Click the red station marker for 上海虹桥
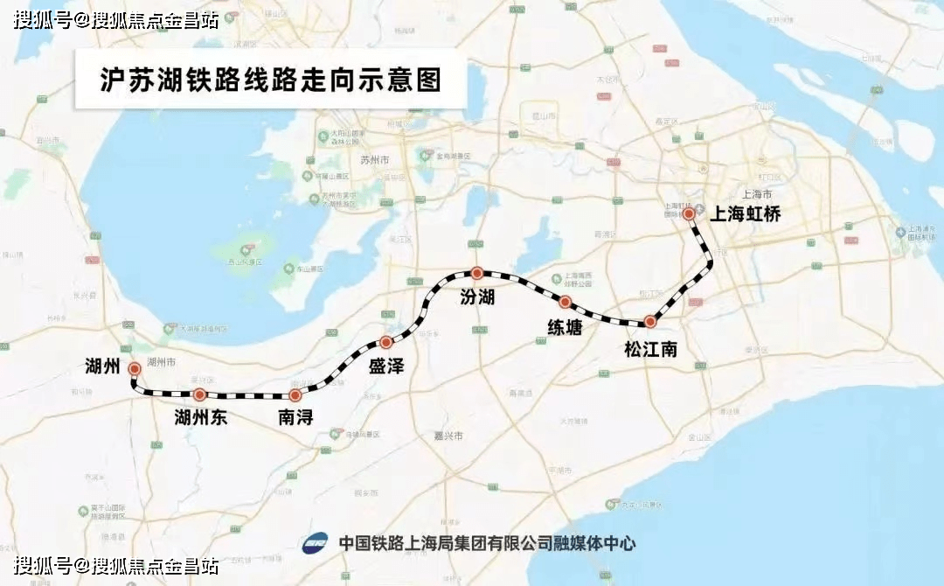[x=689, y=213]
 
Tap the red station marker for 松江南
[x=649, y=321]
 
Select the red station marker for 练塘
[x=566, y=302]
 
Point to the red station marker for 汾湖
[x=476, y=273]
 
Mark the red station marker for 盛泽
[x=385, y=342]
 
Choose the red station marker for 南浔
[x=295, y=395]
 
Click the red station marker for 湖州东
[x=200, y=394]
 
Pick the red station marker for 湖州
[x=135, y=368]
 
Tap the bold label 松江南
[x=650, y=349]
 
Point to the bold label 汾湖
[x=477, y=297]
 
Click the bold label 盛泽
[x=386, y=366]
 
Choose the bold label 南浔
[x=295, y=417]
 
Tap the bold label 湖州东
[x=200, y=417]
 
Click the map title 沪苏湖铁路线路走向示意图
[x=269, y=80]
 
